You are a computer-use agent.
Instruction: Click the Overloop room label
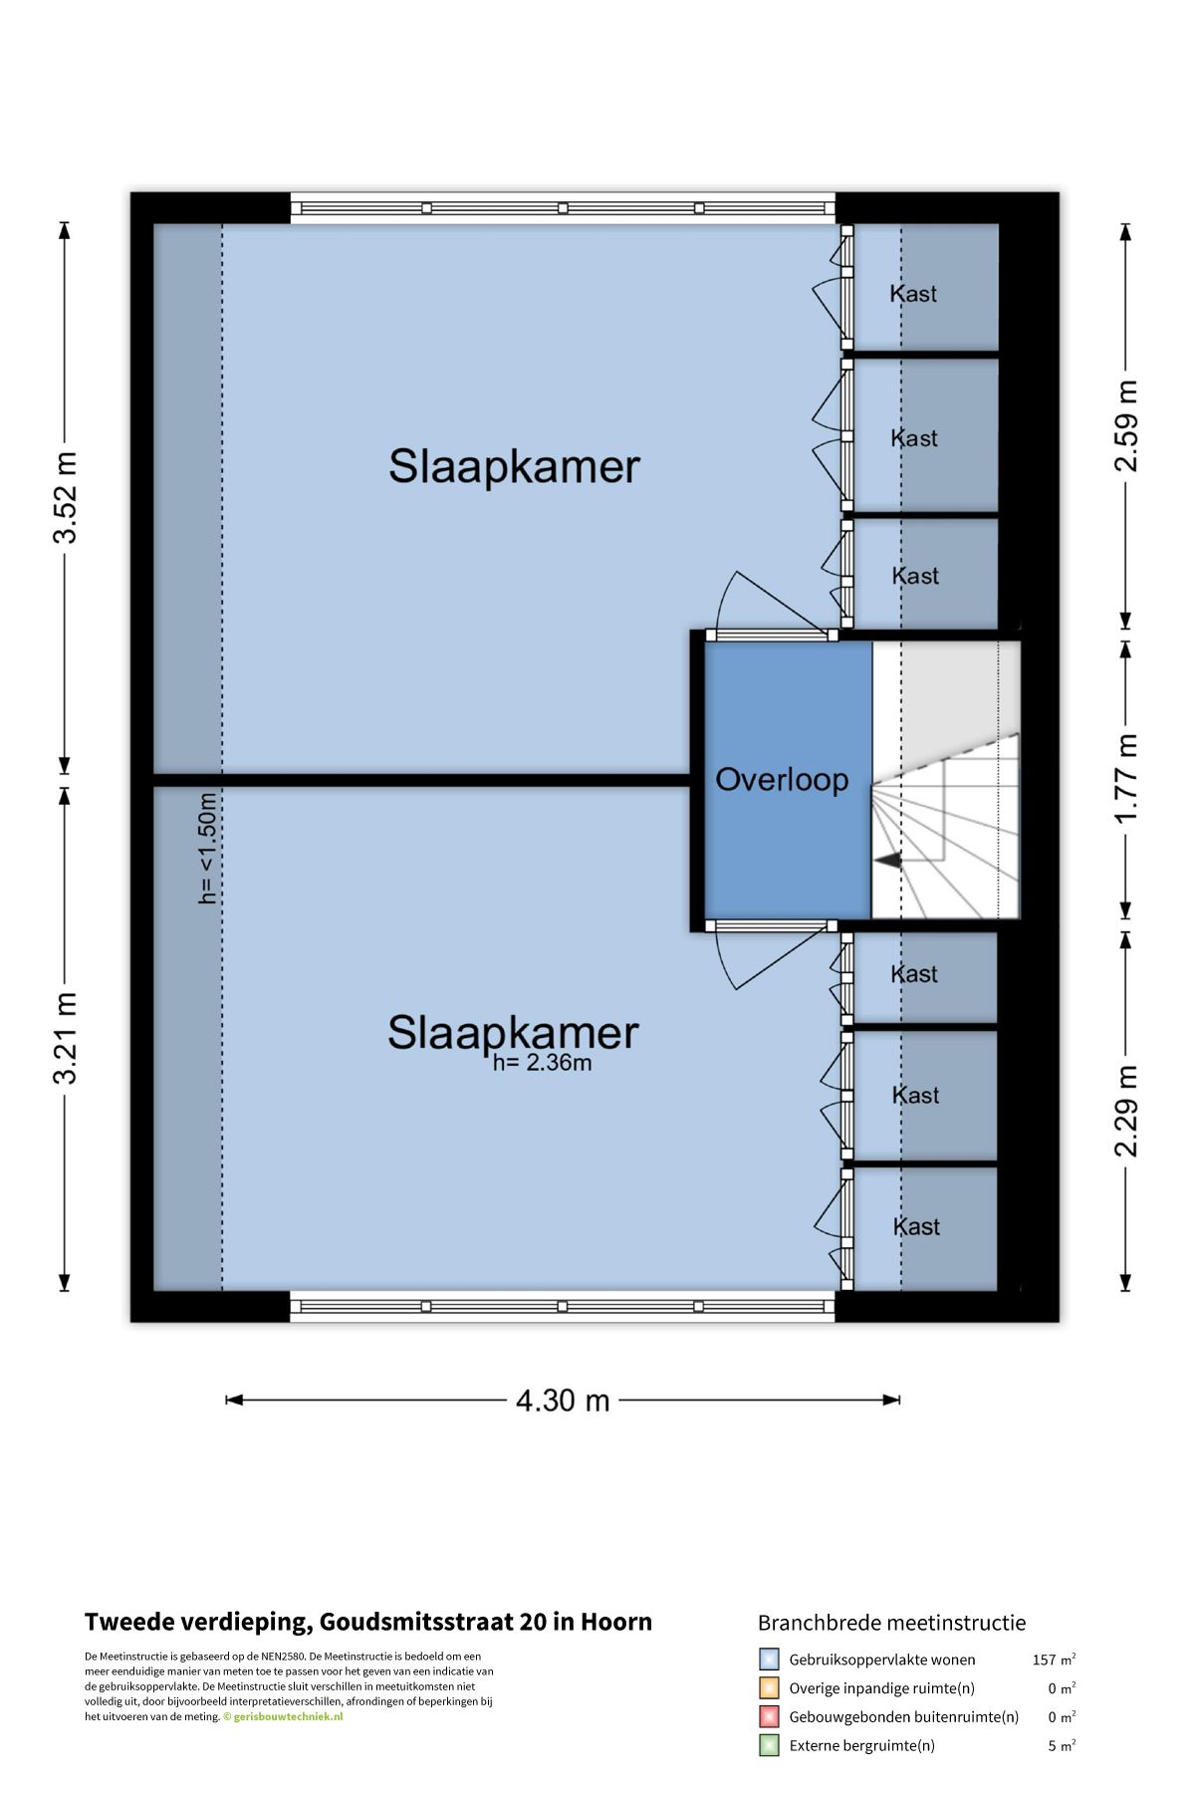(x=782, y=780)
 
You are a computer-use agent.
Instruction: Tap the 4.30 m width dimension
(x=562, y=1401)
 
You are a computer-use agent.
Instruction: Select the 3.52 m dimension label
(x=65, y=497)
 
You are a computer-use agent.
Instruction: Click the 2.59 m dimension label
(x=1126, y=425)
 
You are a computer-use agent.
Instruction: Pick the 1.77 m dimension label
(x=1126, y=778)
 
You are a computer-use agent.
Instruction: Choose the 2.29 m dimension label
(x=1126, y=1111)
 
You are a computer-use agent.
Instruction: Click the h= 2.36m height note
(x=542, y=1063)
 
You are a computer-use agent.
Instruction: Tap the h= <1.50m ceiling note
(x=207, y=848)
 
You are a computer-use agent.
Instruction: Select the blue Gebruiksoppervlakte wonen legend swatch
(x=769, y=1660)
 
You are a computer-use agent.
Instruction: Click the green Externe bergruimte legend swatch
(x=769, y=1745)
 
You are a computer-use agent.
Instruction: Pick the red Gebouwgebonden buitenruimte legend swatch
(x=769, y=1716)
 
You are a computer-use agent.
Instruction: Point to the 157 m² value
(x=1054, y=1660)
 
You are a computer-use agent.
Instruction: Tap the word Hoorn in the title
(x=615, y=1622)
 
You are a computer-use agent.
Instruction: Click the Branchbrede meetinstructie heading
(x=891, y=1623)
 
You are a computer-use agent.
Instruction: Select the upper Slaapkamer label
(x=514, y=466)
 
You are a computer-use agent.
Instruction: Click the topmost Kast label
(x=913, y=294)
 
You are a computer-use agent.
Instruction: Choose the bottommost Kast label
(x=916, y=1226)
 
